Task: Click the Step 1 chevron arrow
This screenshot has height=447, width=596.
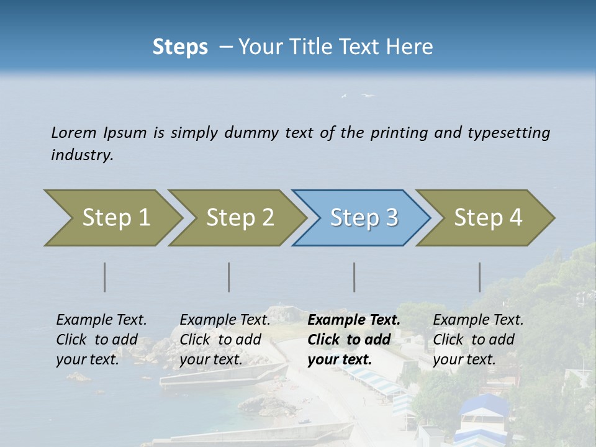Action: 115,218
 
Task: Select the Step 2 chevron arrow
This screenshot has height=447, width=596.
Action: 240,218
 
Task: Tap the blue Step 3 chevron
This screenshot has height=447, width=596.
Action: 364,218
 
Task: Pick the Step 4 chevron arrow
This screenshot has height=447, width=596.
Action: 488,218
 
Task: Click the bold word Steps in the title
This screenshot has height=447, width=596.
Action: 180,47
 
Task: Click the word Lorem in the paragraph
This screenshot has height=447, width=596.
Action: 74,132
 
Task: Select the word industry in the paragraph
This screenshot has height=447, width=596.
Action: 82,155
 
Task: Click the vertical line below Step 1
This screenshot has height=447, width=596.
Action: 105,277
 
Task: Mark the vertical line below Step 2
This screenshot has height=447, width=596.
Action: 229,277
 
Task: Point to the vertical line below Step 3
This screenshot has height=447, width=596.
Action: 354,277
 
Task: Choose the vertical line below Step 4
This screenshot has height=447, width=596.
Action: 480,277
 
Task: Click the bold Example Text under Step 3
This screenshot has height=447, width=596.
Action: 354,320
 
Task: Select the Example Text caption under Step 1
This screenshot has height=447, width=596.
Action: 101,320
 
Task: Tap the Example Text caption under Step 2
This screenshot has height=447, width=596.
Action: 225,320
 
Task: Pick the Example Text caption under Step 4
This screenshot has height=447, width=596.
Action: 478,320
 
